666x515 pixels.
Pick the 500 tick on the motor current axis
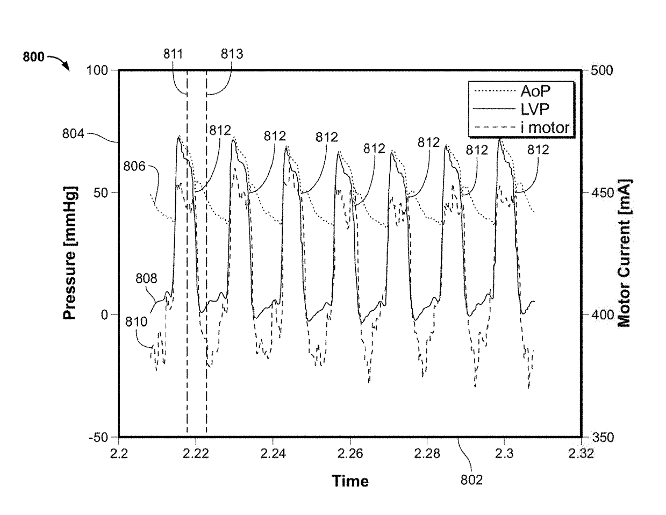602,70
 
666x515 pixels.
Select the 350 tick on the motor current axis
602,438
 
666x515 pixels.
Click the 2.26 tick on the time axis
350,454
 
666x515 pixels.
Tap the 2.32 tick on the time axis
581,454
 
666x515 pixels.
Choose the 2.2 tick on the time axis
119,454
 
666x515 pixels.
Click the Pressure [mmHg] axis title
70,253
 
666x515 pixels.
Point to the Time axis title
350,481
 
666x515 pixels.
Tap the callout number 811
173,54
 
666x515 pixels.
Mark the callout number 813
232,54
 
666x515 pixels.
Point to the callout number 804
73,134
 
